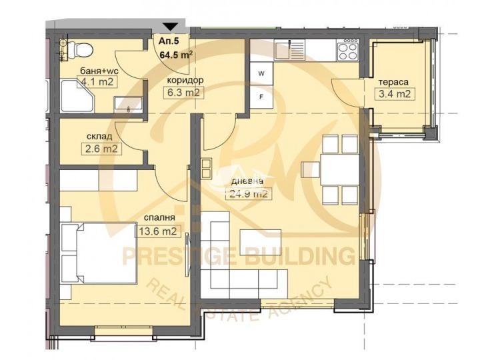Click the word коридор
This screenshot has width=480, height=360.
point(185,81)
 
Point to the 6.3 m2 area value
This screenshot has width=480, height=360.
point(183,92)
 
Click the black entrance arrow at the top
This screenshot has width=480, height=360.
point(170,27)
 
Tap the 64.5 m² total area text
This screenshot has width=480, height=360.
point(176,55)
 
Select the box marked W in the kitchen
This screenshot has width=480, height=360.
point(261,73)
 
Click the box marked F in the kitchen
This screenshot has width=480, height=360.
point(261,97)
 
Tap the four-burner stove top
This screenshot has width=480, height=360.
point(347,49)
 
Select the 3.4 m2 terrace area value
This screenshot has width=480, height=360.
point(395,94)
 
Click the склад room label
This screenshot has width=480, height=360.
point(99,136)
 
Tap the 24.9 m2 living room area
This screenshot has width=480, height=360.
point(249,194)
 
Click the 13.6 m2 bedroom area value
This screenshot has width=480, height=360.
point(158,231)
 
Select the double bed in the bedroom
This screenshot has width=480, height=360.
point(99,252)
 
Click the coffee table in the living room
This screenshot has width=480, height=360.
point(261,242)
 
